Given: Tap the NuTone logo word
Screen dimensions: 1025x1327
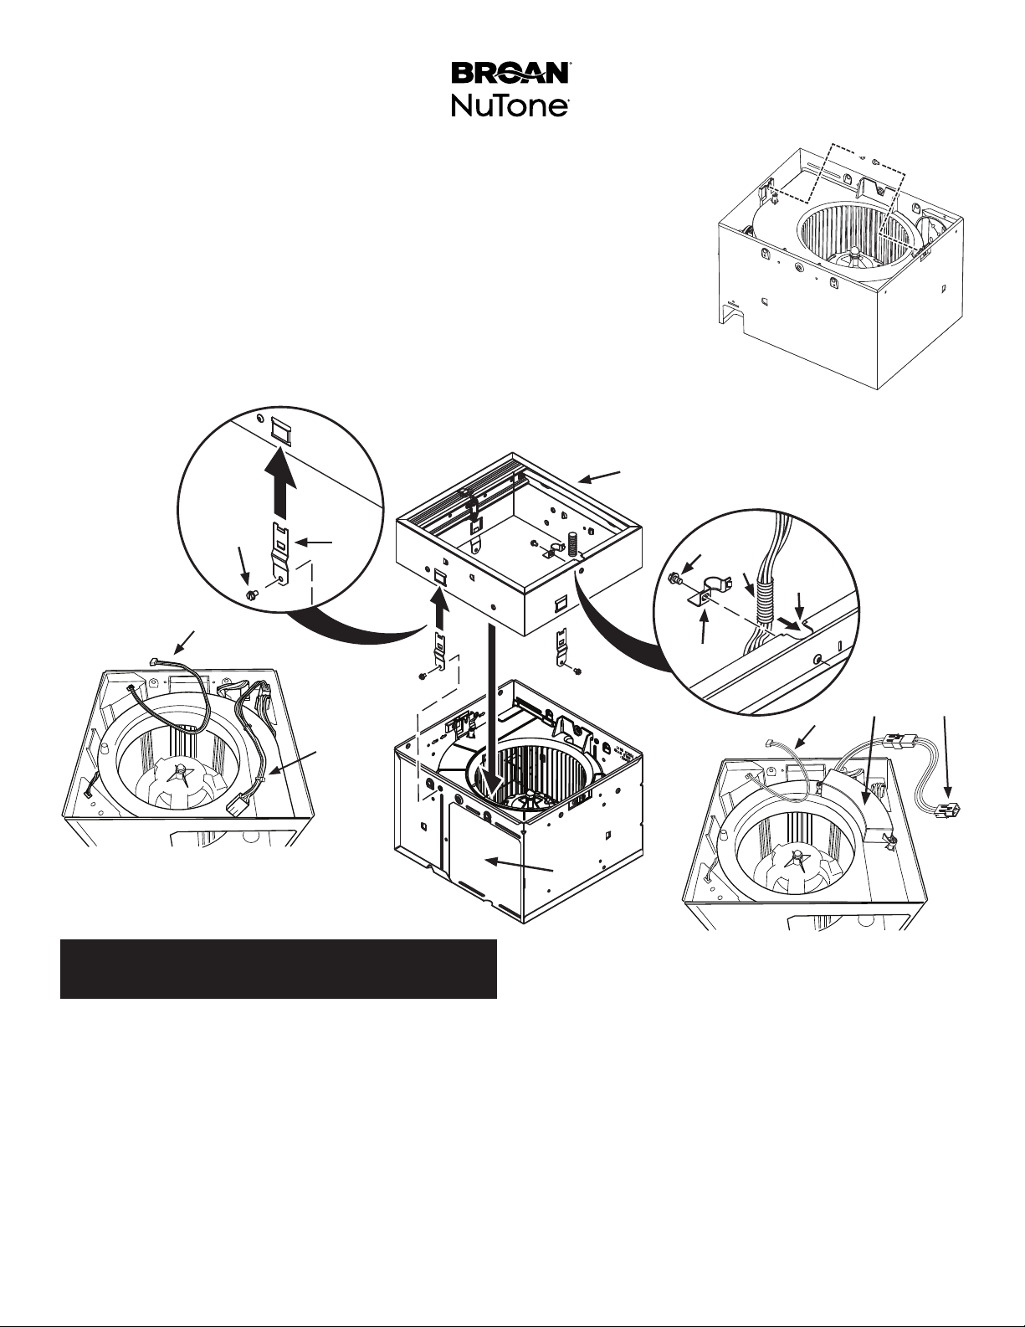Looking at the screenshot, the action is tap(511, 107).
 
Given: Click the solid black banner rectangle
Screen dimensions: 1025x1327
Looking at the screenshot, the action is tap(279, 969).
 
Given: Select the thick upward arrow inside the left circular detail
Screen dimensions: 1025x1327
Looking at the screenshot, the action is tap(285, 481).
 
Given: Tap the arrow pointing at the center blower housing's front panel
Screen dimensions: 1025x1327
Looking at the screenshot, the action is tap(520, 867).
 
